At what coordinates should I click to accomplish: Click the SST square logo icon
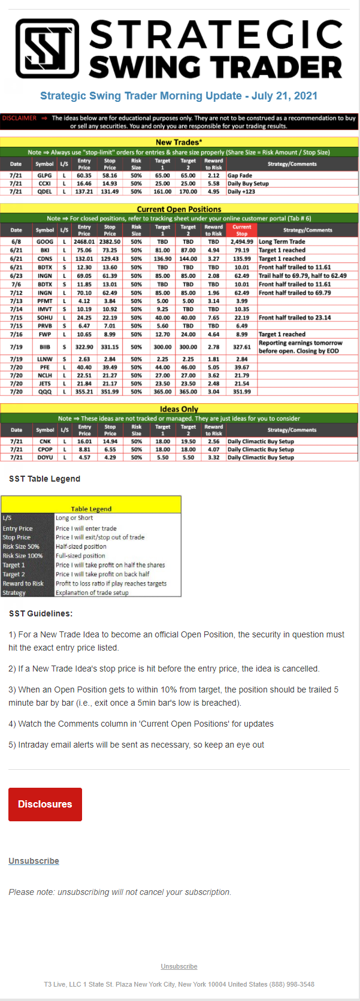(x=47, y=49)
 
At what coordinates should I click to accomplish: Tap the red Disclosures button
(x=45, y=804)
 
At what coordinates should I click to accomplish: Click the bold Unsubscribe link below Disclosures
(x=34, y=861)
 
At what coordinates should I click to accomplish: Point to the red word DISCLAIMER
(x=19, y=118)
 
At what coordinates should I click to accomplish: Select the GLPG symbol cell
(x=44, y=176)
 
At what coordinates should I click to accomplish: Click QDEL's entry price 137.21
(x=84, y=192)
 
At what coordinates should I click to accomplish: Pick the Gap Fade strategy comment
(x=240, y=176)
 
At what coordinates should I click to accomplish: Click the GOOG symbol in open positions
(x=45, y=242)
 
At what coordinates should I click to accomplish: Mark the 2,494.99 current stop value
(x=241, y=242)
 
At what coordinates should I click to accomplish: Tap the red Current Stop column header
(x=241, y=230)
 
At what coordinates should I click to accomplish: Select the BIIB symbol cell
(x=45, y=347)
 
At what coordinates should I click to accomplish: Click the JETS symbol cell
(x=45, y=383)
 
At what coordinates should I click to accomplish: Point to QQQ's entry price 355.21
(x=84, y=392)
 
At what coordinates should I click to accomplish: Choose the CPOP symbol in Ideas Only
(x=45, y=449)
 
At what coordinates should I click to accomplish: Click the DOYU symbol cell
(x=45, y=457)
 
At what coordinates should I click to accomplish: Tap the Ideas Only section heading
(x=179, y=409)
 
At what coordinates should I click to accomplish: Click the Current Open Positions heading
(x=179, y=209)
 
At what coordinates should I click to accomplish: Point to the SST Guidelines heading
(x=41, y=613)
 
